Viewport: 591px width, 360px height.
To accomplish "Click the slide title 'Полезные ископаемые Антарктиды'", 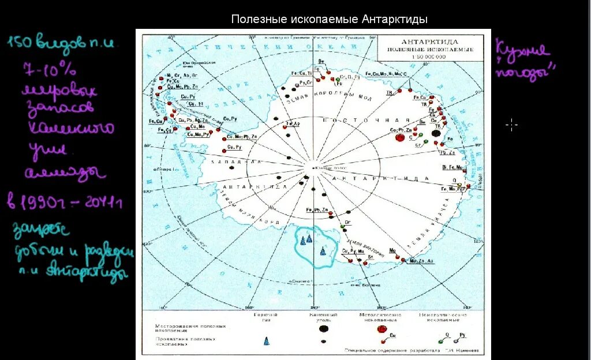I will (x=329, y=20).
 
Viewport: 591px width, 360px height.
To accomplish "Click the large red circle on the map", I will (x=398, y=138).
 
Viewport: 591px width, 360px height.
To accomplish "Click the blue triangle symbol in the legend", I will (x=266, y=341).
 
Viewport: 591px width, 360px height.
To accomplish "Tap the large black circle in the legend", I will (x=324, y=328).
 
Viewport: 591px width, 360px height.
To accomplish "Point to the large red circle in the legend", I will (x=381, y=329).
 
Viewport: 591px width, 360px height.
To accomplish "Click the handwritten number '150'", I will (x=22, y=42).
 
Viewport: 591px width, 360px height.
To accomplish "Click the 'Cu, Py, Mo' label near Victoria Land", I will (x=353, y=251).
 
